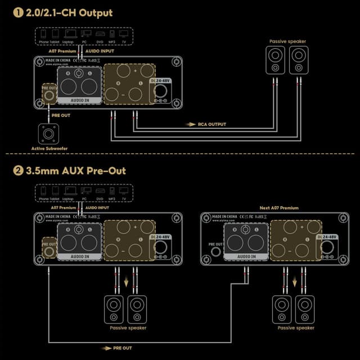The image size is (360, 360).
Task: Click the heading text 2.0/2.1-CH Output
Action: (x=70, y=12)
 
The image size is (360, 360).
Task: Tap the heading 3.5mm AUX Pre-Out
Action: (x=76, y=170)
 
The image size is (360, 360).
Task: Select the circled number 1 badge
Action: (x=17, y=12)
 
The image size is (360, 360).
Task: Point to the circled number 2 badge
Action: (x=17, y=170)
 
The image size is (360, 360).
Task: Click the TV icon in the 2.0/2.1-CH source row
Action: (x=124, y=34)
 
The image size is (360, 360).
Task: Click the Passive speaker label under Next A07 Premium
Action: (x=296, y=328)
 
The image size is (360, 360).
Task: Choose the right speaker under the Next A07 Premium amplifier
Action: (x=305, y=308)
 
